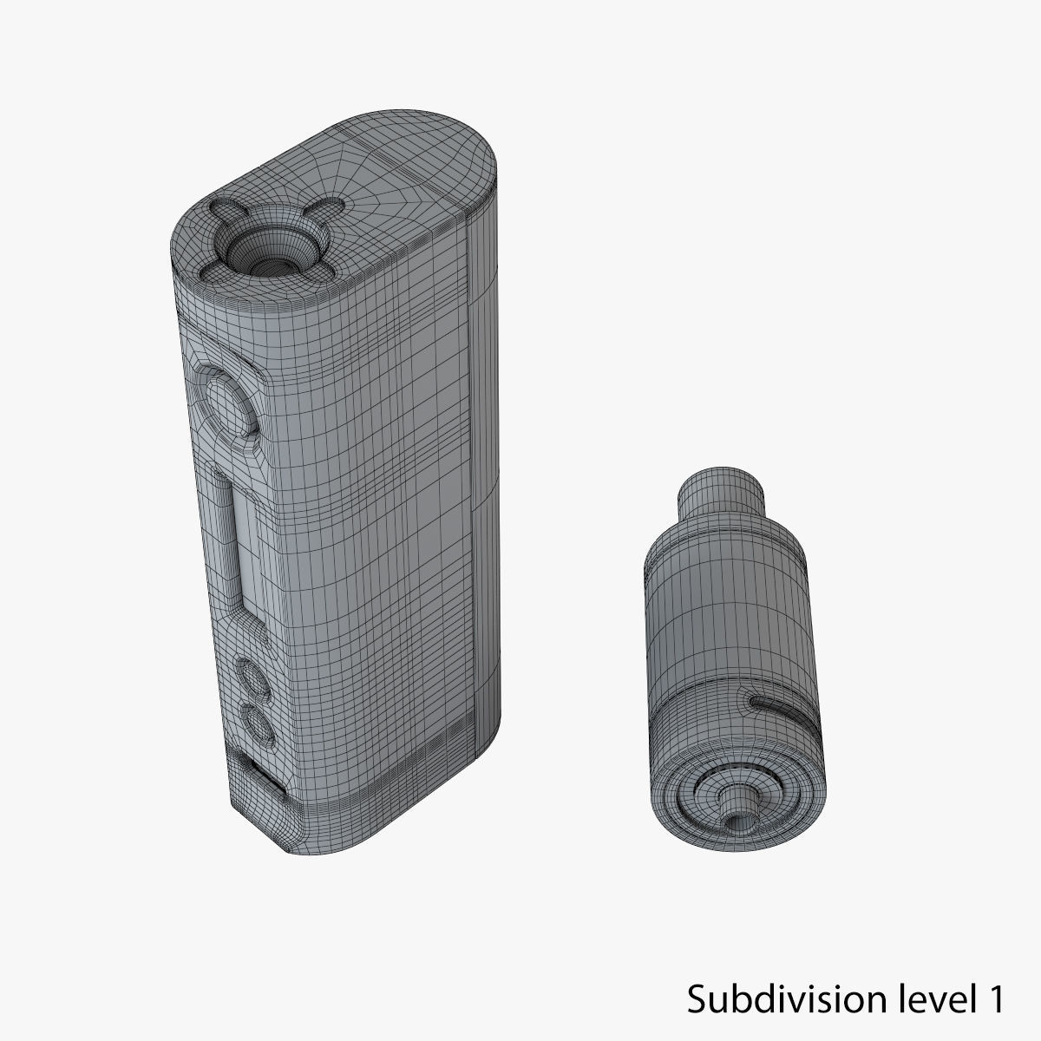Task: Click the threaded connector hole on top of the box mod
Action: [x=259, y=246]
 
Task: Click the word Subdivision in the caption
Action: [x=775, y=1000]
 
